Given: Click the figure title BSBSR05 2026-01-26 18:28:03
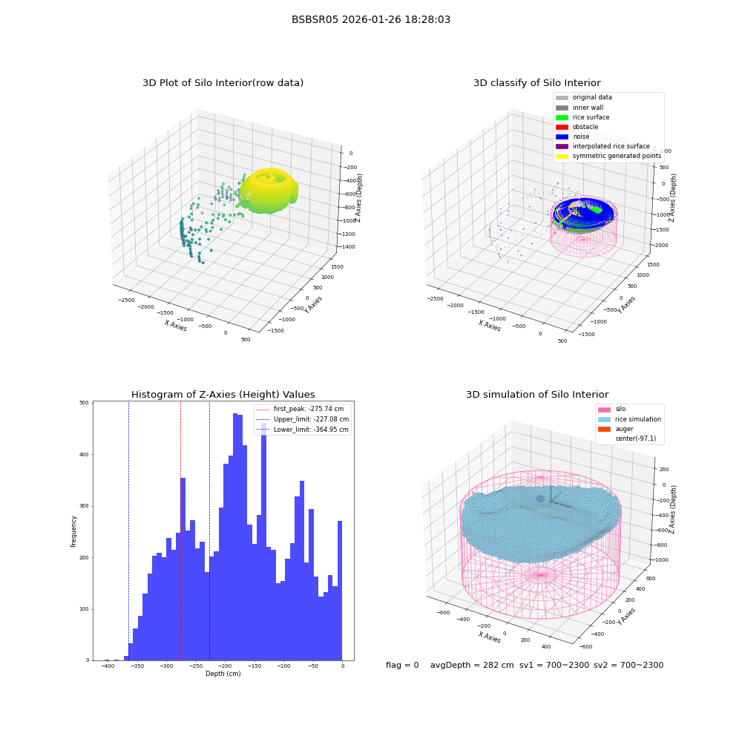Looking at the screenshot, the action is coord(371,20).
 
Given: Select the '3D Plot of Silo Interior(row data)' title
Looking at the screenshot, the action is coord(223,83).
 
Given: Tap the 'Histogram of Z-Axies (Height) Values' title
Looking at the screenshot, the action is coord(223,395).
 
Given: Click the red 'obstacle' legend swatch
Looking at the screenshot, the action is coord(562,127).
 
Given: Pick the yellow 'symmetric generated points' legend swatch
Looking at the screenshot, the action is coord(562,156).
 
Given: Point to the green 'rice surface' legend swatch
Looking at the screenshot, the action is coord(562,117).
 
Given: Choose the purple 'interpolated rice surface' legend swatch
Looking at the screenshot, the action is coord(562,146).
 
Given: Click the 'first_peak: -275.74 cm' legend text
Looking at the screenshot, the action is coord(309,409).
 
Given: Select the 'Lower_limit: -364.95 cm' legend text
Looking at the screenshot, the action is coord(311,430).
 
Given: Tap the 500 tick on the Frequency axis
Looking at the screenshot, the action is coord(84,403).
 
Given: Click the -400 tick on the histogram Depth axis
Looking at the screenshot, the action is coord(108,666).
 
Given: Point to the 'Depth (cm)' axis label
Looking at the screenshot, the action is coord(223,674).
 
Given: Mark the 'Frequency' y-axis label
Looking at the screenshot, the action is coord(73,531).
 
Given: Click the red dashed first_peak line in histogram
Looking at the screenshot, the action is coord(180,531).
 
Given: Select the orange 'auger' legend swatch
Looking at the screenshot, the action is coord(604,429).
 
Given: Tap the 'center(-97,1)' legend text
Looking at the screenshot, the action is coord(636,439).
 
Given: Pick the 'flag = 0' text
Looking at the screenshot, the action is coord(402,665).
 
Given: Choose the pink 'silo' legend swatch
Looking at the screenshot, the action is coord(604,410).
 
